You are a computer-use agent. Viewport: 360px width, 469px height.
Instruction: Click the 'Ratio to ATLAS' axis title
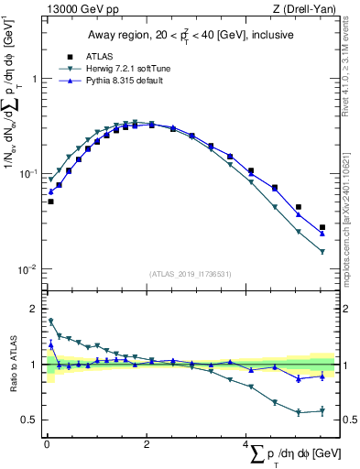click(x=13, y=365)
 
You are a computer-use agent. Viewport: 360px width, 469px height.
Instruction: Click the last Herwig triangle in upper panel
click(x=322, y=252)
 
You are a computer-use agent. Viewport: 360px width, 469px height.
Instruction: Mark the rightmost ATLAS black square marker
click(x=322, y=227)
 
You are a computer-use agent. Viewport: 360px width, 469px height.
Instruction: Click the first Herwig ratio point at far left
click(x=50, y=322)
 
